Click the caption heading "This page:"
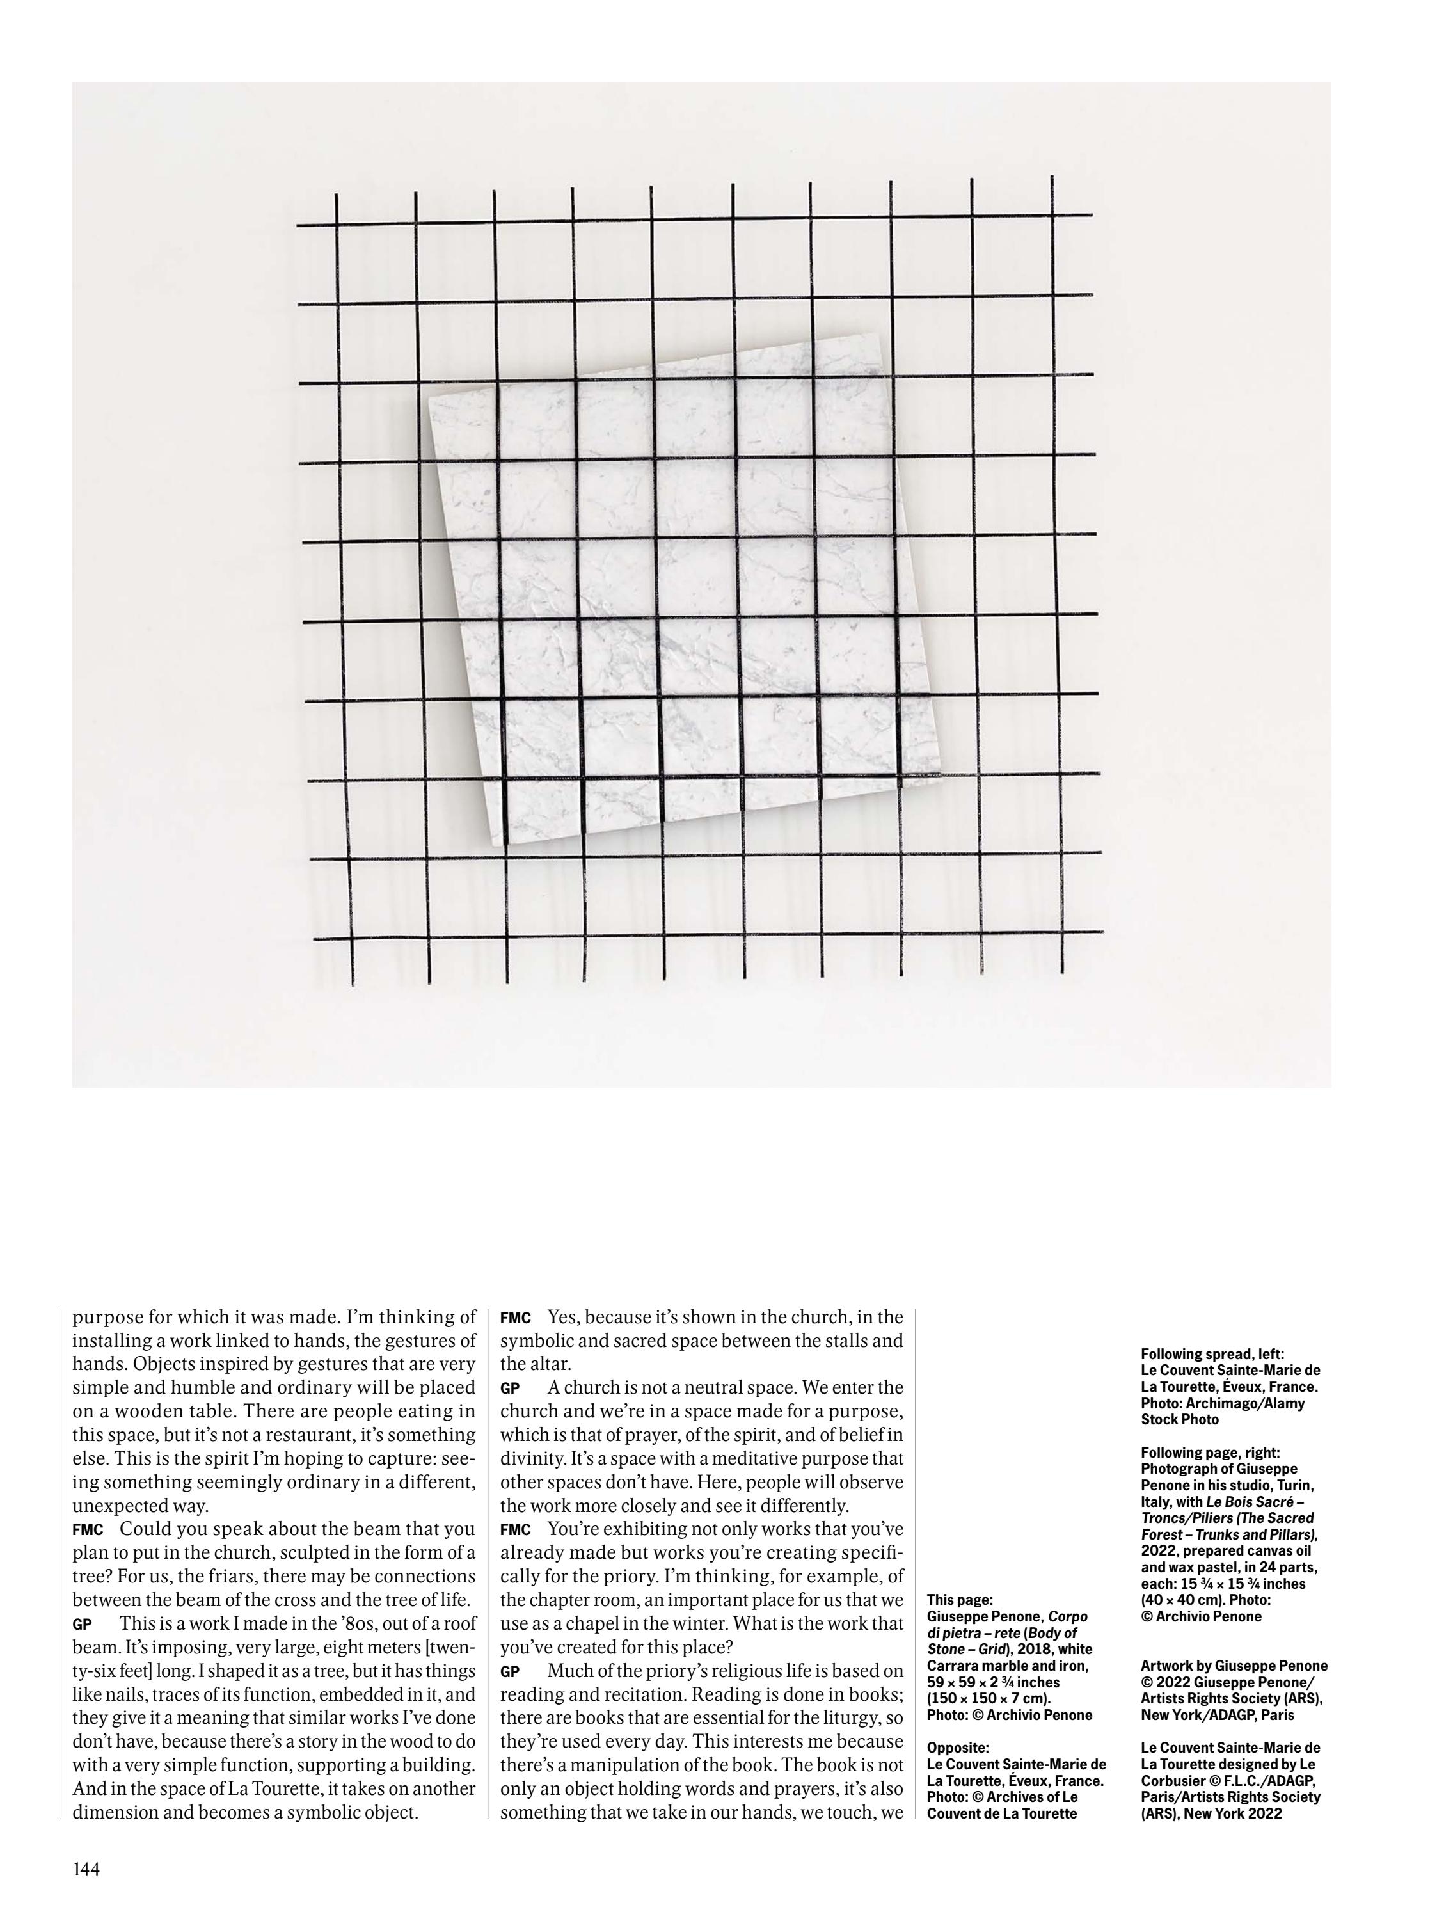[960, 1600]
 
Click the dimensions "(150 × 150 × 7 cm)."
[988, 1698]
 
